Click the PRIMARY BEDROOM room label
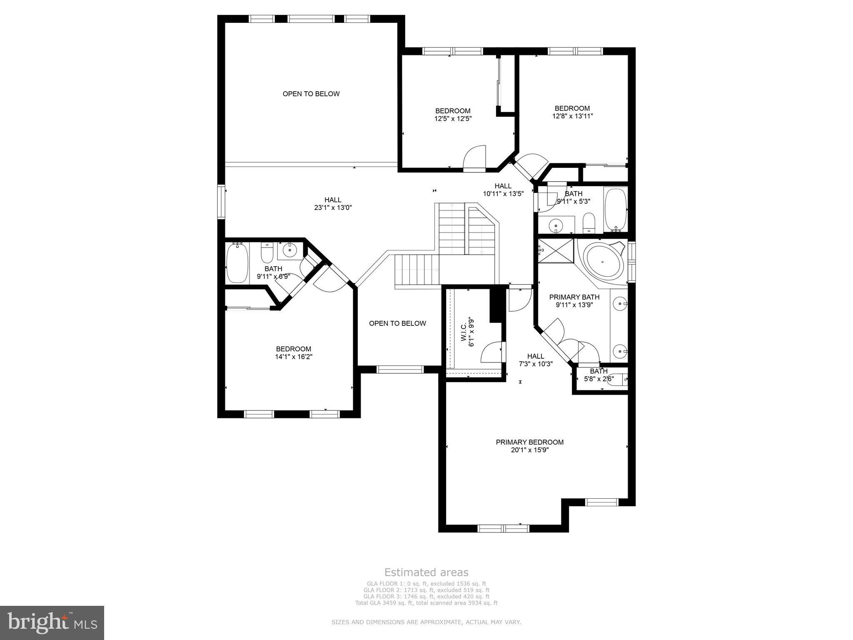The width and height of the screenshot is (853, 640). pyautogui.click(x=529, y=442)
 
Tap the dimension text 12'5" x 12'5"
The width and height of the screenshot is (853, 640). pyautogui.click(x=453, y=119)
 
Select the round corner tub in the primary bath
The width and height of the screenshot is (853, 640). pyautogui.click(x=602, y=262)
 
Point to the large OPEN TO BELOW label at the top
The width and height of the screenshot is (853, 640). pyautogui.click(x=311, y=94)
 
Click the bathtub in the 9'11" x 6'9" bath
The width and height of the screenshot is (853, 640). pyautogui.click(x=237, y=263)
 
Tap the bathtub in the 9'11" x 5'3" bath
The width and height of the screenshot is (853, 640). pyautogui.click(x=615, y=209)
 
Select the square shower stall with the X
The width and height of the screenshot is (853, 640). pyautogui.click(x=556, y=250)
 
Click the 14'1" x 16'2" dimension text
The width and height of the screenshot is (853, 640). pyautogui.click(x=294, y=357)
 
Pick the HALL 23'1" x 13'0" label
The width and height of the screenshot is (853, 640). pyautogui.click(x=333, y=204)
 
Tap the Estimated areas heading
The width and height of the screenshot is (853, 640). pyautogui.click(x=426, y=572)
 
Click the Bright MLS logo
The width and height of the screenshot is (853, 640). pyautogui.click(x=52, y=622)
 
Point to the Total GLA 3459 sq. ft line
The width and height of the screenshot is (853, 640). pyautogui.click(x=426, y=602)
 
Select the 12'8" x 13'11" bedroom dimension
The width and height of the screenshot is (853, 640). pyautogui.click(x=572, y=116)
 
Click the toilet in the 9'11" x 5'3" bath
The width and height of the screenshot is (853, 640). pyautogui.click(x=589, y=223)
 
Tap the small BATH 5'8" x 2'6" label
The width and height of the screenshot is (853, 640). pyautogui.click(x=599, y=375)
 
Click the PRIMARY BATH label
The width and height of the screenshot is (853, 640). pyautogui.click(x=574, y=297)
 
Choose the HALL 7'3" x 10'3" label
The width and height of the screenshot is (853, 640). pyautogui.click(x=536, y=360)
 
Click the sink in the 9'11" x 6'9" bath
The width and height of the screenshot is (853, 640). pyautogui.click(x=289, y=250)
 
